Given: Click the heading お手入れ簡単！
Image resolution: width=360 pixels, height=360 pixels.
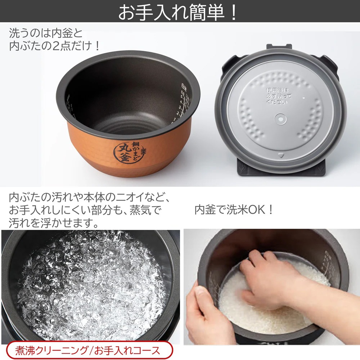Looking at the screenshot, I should [x=178, y=12].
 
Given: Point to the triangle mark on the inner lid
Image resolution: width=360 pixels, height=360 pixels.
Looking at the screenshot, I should [x=281, y=156].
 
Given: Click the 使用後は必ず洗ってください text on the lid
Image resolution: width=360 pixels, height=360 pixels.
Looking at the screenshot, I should [x=278, y=95].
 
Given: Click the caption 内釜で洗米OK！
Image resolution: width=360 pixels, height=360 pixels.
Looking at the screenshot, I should [x=234, y=210].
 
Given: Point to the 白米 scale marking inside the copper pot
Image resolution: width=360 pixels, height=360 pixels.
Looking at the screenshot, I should [x=184, y=86].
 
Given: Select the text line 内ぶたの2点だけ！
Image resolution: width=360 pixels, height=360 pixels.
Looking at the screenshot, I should [x=54, y=46].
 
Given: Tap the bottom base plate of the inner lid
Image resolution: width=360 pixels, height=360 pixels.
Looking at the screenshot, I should [x=281, y=171].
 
